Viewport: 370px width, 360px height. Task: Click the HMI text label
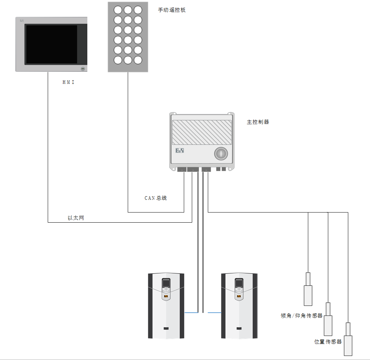(x=68, y=82)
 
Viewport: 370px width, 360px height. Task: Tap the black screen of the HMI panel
(x=51, y=44)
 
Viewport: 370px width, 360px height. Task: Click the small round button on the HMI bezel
(x=83, y=69)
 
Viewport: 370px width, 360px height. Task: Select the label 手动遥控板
(x=172, y=10)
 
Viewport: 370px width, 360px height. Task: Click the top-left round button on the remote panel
(x=118, y=10)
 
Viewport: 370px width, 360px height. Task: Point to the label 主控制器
(x=258, y=122)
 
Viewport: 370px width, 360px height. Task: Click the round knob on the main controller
(x=221, y=154)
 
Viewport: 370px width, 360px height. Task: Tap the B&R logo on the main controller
(x=180, y=151)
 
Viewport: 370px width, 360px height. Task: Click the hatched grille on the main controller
(x=202, y=132)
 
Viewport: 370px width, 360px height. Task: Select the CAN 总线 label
(x=155, y=198)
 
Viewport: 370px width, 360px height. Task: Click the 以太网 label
(x=76, y=218)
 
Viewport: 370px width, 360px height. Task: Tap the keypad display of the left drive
(x=166, y=284)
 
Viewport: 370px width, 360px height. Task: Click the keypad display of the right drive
(x=239, y=284)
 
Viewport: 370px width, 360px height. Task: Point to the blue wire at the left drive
(x=191, y=313)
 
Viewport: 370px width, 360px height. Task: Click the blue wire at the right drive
(x=215, y=313)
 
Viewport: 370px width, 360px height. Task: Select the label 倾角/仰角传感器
(x=301, y=316)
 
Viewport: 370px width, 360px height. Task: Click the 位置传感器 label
(x=328, y=342)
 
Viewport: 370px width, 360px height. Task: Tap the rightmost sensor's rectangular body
(x=348, y=345)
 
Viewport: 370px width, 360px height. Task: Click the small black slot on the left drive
(x=166, y=328)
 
